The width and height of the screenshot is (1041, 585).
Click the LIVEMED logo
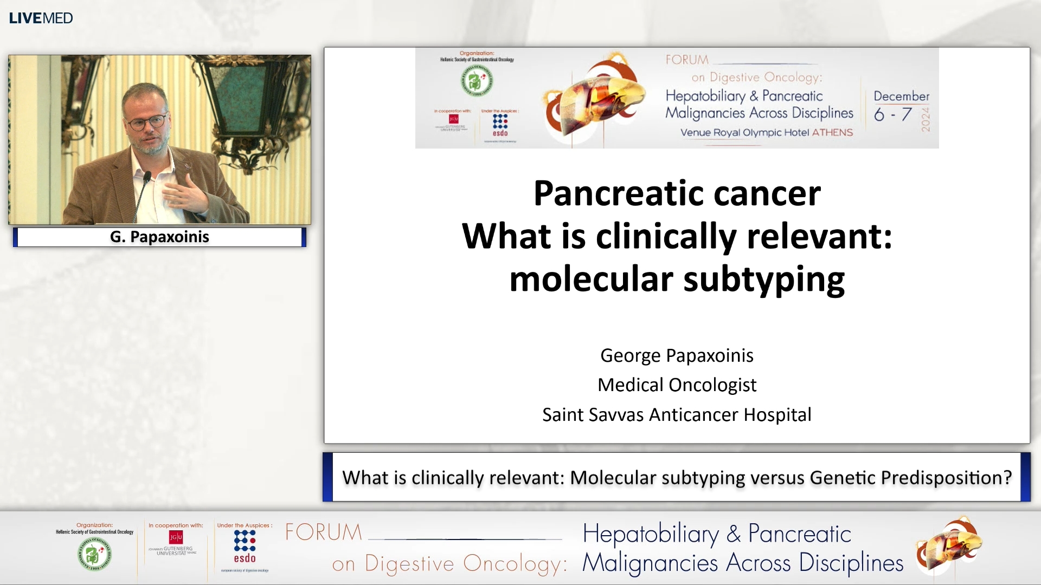(x=41, y=18)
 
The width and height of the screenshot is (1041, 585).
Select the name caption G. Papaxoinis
(x=159, y=237)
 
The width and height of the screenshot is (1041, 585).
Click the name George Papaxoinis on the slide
(x=677, y=356)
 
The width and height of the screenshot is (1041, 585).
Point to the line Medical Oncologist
(x=677, y=385)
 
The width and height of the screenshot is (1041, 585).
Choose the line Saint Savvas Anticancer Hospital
(x=677, y=415)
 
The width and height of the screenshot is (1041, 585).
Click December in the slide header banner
(x=901, y=96)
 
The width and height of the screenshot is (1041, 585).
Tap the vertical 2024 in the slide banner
(x=926, y=119)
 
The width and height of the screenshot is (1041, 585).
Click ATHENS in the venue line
(x=832, y=133)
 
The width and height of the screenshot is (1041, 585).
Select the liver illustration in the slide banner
(x=596, y=100)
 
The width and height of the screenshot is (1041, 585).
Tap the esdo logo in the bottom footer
(x=245, y=547)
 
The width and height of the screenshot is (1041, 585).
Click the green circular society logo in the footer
(x=95, y=554)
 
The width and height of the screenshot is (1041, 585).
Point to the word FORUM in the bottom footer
(x=324, y=532)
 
